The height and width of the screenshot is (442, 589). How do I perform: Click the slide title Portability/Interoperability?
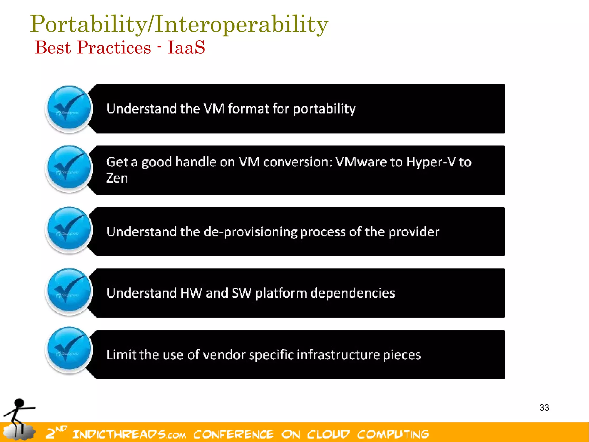(179, 24)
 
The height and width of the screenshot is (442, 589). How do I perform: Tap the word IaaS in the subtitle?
(186, 48)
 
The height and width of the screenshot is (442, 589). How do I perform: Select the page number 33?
(544, 407)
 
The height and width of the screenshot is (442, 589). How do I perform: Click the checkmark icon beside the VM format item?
(69, 109)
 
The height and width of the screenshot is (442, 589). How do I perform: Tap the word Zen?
(117, 178)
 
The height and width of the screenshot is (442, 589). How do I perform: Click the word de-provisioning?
(250, 232)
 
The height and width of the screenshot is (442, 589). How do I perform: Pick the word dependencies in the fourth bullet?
(353, 293)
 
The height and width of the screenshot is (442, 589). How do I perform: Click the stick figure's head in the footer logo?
(19, 403)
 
